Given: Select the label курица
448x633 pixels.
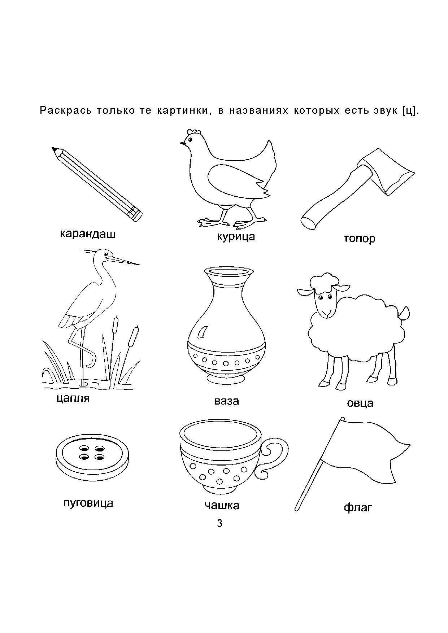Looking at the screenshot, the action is pyautogui.click(x=236, y=237).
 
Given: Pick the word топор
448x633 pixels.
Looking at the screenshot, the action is pyautogui.click(x=360, y=239).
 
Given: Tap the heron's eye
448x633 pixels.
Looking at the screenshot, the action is pyautogui.click(x=106, y=254).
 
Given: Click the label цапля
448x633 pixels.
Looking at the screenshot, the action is pyautogui.click(x=73, y=398).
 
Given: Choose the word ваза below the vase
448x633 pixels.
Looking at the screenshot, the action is pyautogui.click(x=226, y=401).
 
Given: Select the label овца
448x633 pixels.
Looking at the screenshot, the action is pyautogui.click(x=360, y=403).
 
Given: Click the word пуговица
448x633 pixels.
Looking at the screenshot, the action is pyautogui.click(x=88, y=503).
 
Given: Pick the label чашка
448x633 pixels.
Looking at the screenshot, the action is pyautogui.click(x=222, y=506).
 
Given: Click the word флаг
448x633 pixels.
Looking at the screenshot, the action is pyautogui.click(x=358, y=508).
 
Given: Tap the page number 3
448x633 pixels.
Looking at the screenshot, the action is pyautogui.click(x=220, y=523).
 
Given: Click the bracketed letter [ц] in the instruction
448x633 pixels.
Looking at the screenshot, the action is pyautogui.click(x=410, y=110).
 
